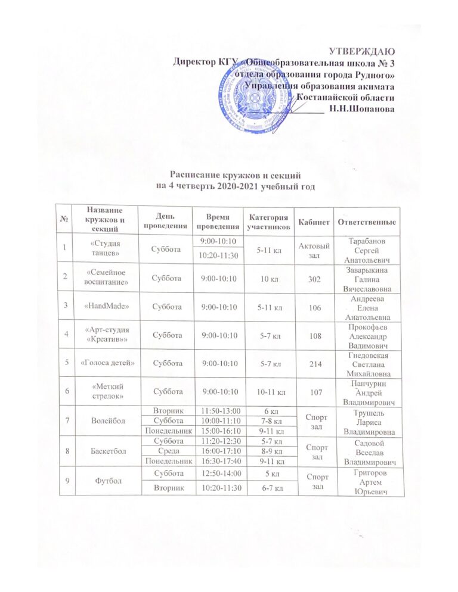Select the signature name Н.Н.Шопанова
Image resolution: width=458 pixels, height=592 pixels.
[361, 108]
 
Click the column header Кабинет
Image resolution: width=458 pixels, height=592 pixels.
[314, 222]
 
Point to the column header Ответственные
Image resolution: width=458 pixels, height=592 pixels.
[367, 222]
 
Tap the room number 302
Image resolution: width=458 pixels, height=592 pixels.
[314, 278]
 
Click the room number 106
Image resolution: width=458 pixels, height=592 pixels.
[314, 306]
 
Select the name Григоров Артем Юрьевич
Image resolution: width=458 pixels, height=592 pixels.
[367, 481]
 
